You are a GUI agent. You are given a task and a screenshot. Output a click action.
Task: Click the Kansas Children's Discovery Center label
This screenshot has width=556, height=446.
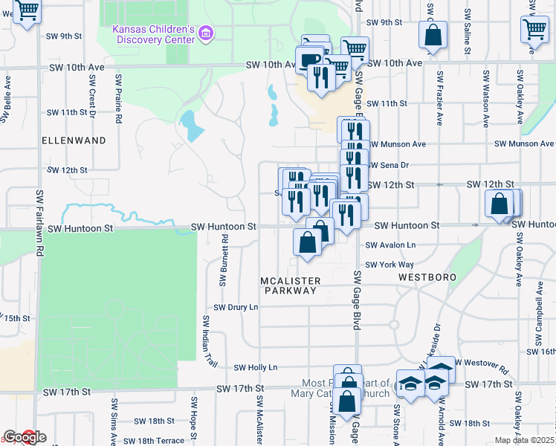tap(153, 34)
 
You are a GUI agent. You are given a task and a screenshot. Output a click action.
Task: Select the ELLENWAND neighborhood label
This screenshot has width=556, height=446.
tap(74, 140)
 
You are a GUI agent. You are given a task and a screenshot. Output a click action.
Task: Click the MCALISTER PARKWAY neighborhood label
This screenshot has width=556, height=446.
tap(291, 285)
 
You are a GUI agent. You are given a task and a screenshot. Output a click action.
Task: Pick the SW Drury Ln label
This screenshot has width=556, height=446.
tap(236, 307)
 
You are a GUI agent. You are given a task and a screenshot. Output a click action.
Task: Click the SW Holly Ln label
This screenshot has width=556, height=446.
tap(255, 367)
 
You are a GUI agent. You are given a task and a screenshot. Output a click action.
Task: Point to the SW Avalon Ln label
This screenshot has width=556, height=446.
tap(389, 245)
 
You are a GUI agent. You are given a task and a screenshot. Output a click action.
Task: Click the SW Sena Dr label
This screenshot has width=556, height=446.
tap(389, 165)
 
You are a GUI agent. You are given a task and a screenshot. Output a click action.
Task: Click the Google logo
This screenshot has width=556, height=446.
tap(25, 437)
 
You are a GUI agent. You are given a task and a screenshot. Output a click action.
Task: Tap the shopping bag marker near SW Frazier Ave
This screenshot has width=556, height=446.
tap(432, 35)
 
